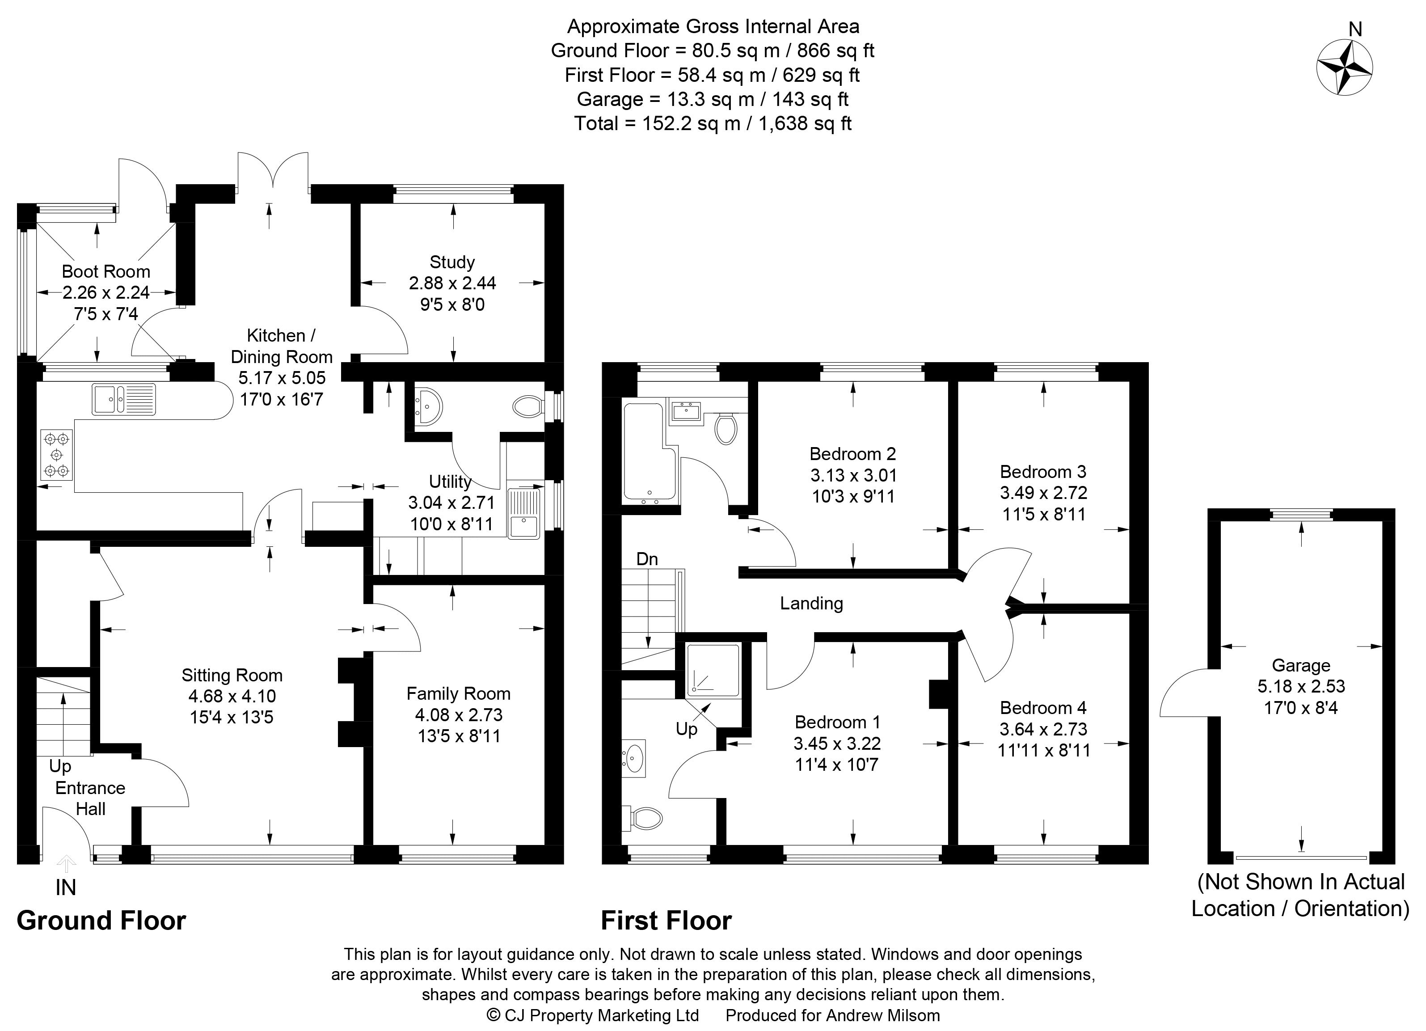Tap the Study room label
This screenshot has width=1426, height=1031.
click(452, 262)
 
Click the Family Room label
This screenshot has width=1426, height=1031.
click(458, 693)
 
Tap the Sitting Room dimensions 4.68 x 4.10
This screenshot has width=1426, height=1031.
click(232, 696)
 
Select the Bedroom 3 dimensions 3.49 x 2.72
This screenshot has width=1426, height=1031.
click(1044, 493)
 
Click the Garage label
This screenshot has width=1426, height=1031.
click(1301, 665)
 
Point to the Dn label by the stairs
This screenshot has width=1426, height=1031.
click(647, 559)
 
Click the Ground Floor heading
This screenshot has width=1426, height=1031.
click(101, 921)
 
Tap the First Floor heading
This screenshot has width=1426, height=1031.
click(667, 921)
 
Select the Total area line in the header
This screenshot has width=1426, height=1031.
click(713, 123)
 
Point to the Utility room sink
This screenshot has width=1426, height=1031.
click(524, 514)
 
